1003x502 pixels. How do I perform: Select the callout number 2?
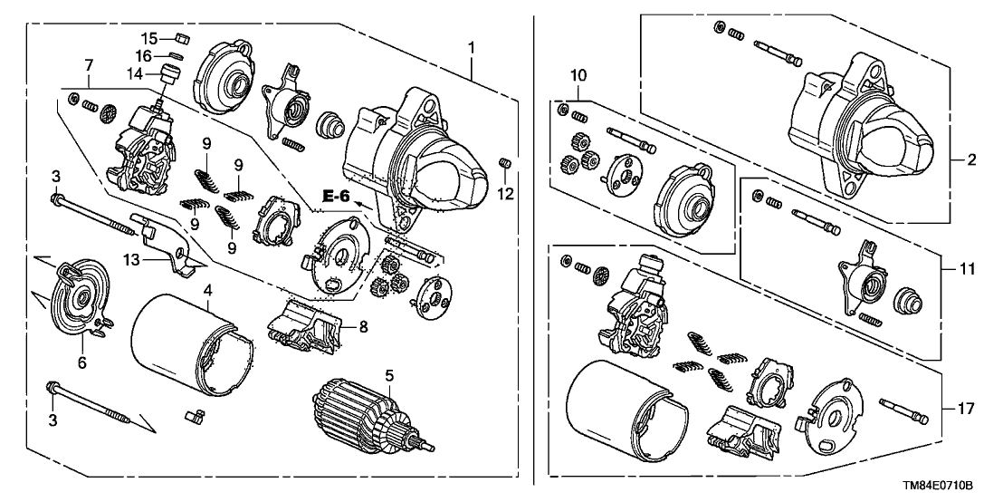click(971, 160)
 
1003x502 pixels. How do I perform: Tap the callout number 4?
click(207, 291)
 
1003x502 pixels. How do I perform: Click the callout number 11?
click(970, 269)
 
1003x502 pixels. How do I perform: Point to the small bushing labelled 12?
click(505, 163)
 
